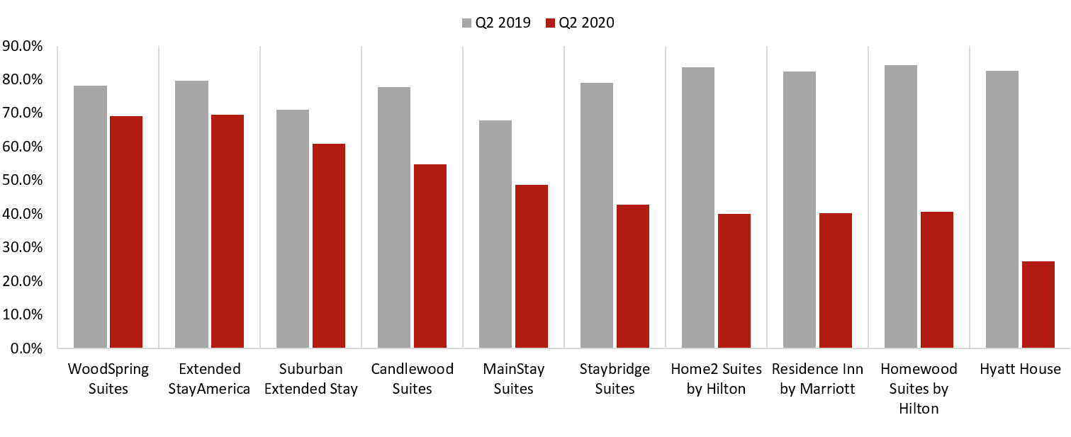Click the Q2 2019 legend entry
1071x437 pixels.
496,23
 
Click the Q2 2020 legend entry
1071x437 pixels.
581,23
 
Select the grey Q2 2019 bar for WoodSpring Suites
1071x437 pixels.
91,217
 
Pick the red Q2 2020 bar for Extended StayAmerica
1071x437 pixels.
228,231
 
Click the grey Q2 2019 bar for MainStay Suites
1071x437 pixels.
495,234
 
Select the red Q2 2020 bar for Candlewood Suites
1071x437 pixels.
430,256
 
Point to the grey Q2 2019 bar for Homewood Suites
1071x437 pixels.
900,206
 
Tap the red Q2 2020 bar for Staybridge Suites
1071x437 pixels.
632,276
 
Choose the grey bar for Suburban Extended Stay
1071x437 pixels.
293,229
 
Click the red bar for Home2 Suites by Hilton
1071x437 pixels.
734,280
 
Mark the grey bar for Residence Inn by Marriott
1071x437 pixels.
799,210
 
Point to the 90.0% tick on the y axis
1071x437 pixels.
23,46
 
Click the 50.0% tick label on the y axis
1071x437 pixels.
23,181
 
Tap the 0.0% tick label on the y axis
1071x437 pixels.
26,348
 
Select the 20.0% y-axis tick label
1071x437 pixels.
23,281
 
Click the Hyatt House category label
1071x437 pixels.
1020,369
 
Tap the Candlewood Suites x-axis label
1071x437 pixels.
412,379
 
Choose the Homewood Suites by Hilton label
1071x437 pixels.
919,389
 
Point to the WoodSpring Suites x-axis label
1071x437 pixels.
108,379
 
